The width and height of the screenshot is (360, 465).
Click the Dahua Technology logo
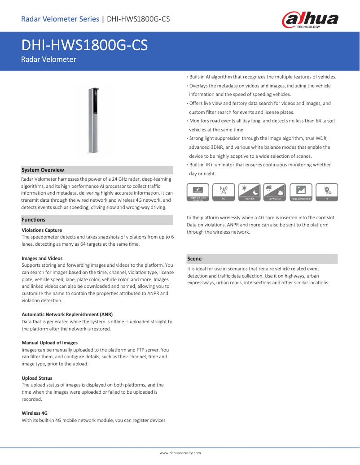tap(310, 20)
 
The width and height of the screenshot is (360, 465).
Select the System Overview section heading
tap(43, 170)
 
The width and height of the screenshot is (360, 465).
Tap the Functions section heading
tap(34, 220)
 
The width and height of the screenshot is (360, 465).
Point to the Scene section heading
tap(194, 259)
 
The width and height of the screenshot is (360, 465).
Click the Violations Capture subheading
tap(42, 230)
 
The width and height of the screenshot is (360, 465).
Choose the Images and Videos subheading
tap(42, 258)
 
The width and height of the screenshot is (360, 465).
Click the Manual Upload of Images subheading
tap(49, 343)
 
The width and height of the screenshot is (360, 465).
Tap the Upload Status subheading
tap(37, 378)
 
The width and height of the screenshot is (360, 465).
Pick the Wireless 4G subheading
tap(35, 413)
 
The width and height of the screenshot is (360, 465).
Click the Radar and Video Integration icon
tap(198, 191)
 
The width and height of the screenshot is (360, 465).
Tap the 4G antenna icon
tap(224, 191)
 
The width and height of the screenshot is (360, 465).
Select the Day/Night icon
tap(249, 191)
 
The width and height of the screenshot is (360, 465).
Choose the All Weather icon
tap(275, 191)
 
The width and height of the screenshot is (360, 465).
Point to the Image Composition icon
tap(301, 191)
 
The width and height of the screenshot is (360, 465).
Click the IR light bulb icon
tap(327, 191)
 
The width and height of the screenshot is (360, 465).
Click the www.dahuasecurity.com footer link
tap(180, 453)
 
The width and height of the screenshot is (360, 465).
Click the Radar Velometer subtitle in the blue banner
tap(48, 60)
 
